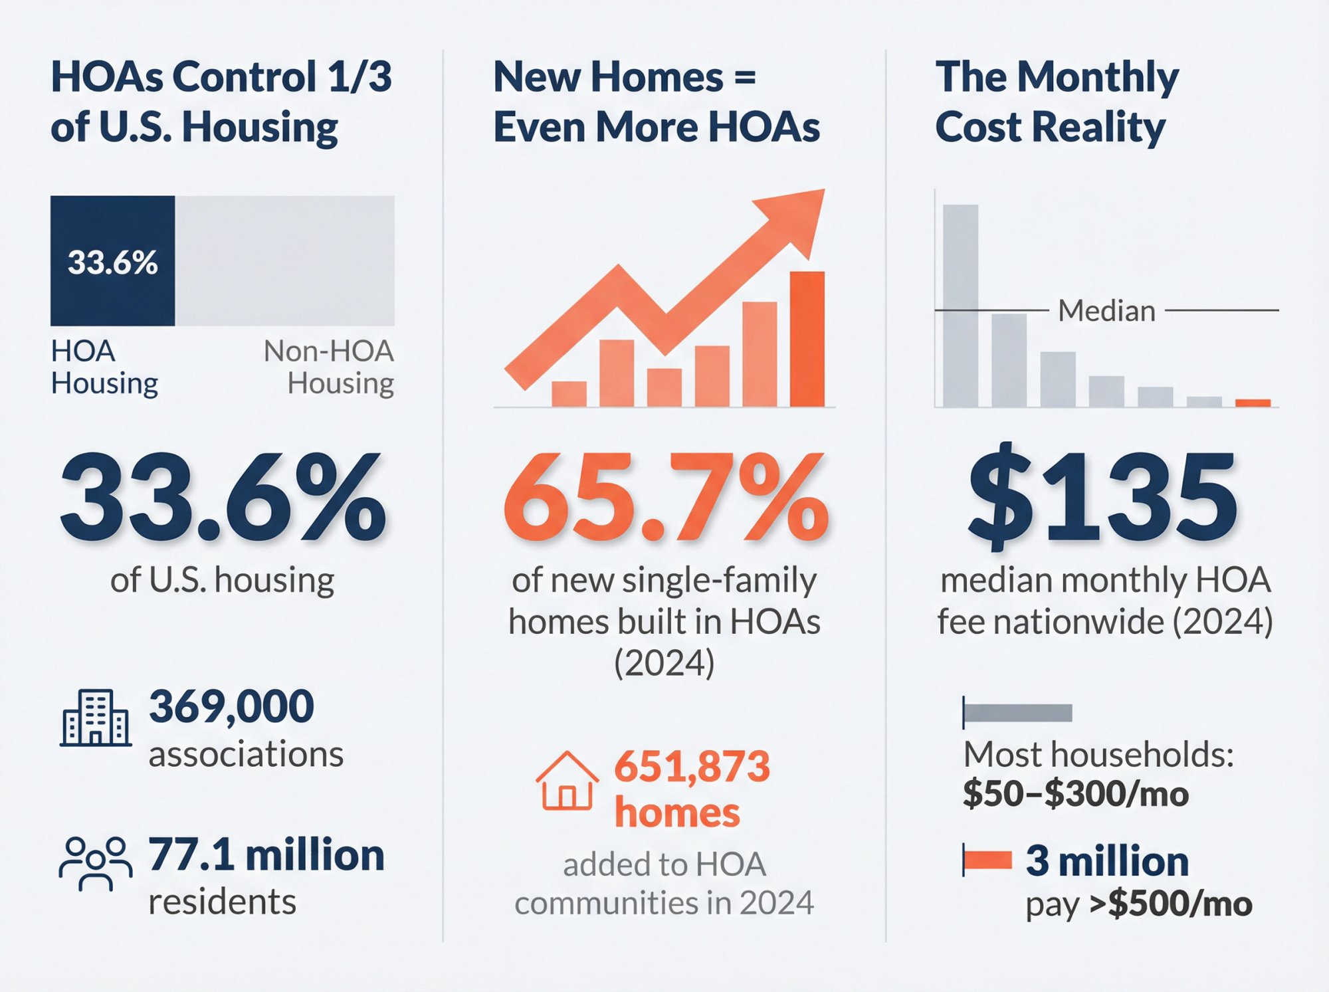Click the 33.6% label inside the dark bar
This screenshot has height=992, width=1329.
(112, 262)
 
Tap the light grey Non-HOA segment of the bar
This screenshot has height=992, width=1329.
(284, 260)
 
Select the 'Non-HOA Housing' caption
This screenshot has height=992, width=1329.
(330, 367)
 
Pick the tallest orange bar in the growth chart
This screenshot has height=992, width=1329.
(807, 339)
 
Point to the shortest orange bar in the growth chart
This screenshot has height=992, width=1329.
(569, 393)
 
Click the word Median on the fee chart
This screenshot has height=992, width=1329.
(1106, 311)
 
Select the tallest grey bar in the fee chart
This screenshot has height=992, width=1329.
(960, 306)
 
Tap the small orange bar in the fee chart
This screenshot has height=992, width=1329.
(1253, 403)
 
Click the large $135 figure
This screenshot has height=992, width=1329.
(1103, 498)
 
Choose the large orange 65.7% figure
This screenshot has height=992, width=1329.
(664, 498)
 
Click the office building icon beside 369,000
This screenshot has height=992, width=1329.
(95, 718)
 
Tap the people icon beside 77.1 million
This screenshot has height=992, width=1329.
(95, 862)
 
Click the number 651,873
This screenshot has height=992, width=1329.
(692, 766)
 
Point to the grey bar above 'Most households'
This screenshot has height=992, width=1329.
(1017, 713)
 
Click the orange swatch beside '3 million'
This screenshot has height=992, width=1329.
(987, 860)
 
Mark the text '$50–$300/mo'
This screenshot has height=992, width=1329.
(1075, 794)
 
